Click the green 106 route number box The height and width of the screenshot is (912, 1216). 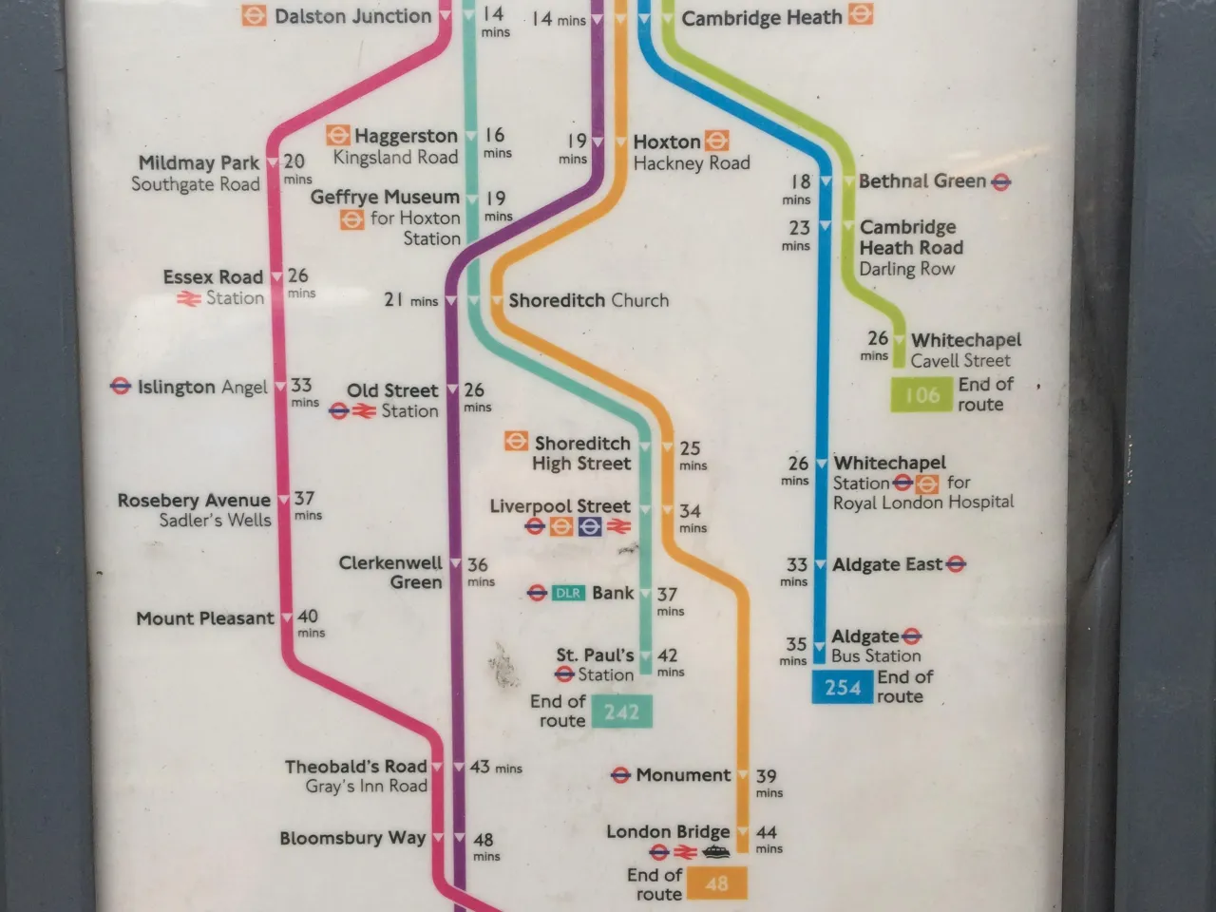pyautogui.click(x=921, y=394)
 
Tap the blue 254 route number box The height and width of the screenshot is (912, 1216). pyautogui.click(x=842, y=687)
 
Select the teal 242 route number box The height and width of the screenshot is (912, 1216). pyautogui.click(x=621, y=712)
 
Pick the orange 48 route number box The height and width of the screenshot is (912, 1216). pyautogui.click(x=716, y=883)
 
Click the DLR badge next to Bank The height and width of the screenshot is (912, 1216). pyautogui.click(x=567, y=594)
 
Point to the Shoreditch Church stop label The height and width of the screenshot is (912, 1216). pyautogui.click(x=588, y=300)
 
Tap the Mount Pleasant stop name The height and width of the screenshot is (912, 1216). pyautogui.click(x=204, y=618)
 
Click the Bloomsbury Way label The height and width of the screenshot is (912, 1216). pyautogui.click(x=351, y=838)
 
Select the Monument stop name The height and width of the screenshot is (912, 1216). pyautogui.click(x=683, y=775)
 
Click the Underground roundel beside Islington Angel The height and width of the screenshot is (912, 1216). pyautogui.click(x=120, y=387)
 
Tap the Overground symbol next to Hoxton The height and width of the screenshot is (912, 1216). pyautogui.click(x=717, y=142)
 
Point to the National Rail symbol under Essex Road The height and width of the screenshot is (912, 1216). pyautogui.click(x=188, y=298)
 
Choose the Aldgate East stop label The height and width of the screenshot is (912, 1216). pyautogui.click(x=887, y=564)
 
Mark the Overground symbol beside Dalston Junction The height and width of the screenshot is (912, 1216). pyautogui.click(x=254, y=15)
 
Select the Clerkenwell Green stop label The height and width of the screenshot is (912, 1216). pyautogui.click(x=390, y=572)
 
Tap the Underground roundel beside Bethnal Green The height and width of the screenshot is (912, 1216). pyautogui.click(x=1000, y=181)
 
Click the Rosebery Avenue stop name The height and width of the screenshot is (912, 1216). pyautogui.click(x=194, y=501)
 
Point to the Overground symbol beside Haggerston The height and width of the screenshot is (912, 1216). pyautogui.click(x=337, y=136)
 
